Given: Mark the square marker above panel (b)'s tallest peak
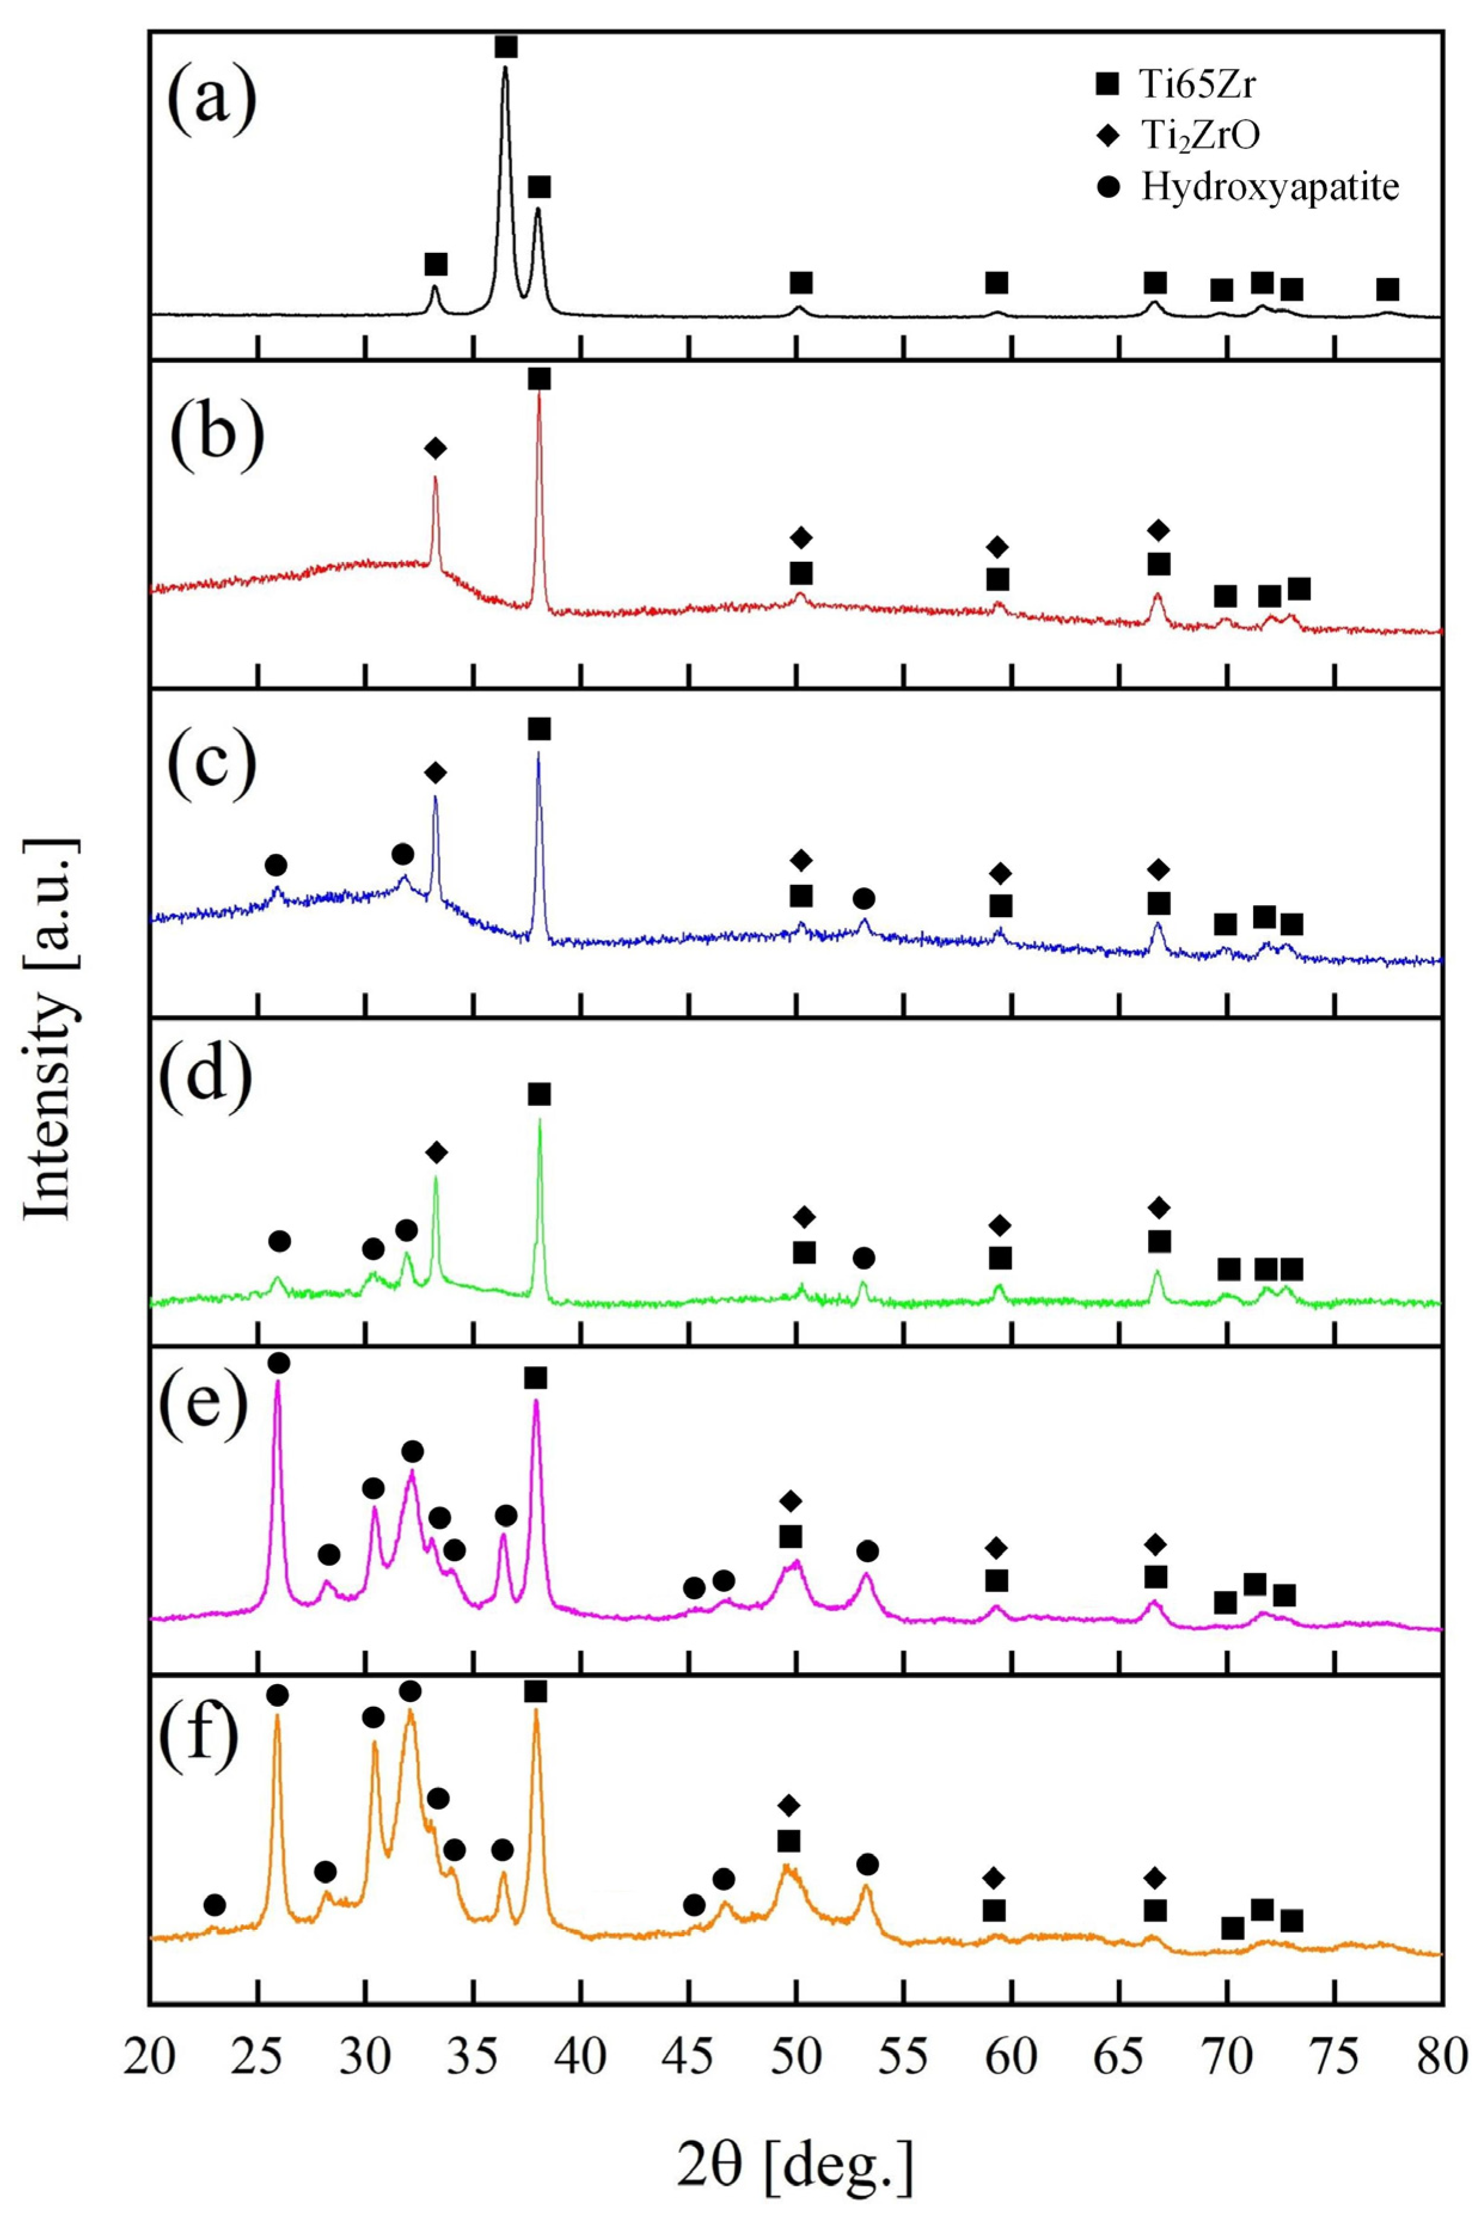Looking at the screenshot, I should click(x=539, y=378).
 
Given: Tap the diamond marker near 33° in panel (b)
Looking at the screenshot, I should click(x=435, y=448).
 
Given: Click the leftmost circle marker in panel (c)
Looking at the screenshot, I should click(x=276, y=865).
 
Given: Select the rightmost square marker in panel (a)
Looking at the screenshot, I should click(x=1388, y=289).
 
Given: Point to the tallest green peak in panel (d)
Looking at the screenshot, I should click(x=539, y=1123).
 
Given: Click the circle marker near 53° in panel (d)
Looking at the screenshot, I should click(x=863, y=1257).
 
